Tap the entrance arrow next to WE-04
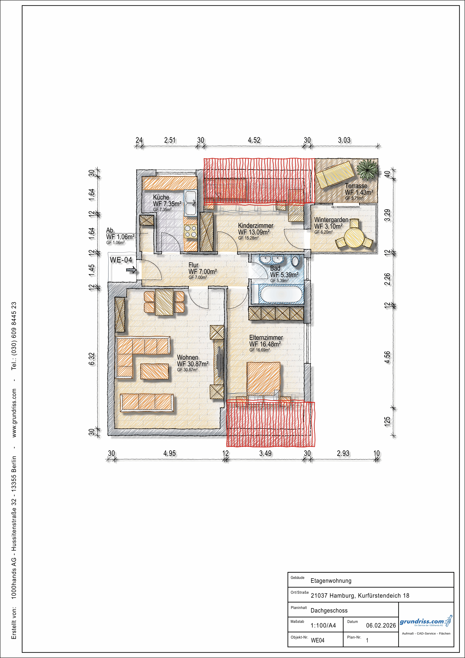pyautogui.click(x=132, y=270)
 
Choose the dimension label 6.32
pyautogui.click(x=92, y=359)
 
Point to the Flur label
pyautogui.click(x=193, y=265)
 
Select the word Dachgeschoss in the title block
pyautogui.click(x=329, y=610)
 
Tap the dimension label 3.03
pyautogui.click(x=344, y=140)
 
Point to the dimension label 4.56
pyautogui.click(x=387, y=357)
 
